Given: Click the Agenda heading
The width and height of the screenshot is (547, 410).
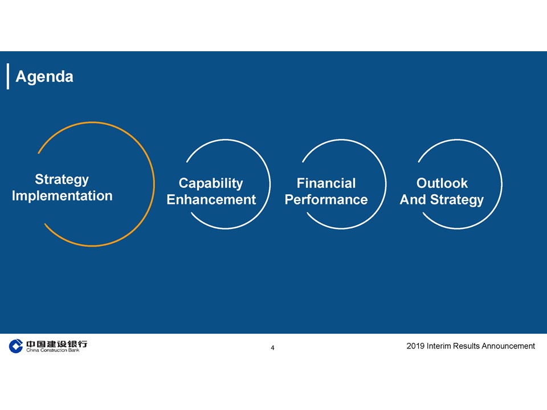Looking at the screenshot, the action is pyautogui.click(x=44, y=77).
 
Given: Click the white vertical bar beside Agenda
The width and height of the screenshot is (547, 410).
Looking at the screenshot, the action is pyautogui.click(x=8, y=76).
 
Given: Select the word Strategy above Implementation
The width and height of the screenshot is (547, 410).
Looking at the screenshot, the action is pyautogui.click(x=62, y=180).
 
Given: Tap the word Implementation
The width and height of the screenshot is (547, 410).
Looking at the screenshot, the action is pyautogui.click(x=62, y=196).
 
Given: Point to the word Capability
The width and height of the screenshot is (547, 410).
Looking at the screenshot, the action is pyautogui.click(x=211, y=184).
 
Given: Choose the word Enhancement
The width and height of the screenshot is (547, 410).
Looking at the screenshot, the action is pyautogui.click(x=211, y=200).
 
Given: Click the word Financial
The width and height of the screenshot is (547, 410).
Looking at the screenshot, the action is pyautogui.click(x=326, y=183).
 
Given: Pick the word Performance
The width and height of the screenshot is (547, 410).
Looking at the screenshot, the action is pyautogui.click(x=326, y=200).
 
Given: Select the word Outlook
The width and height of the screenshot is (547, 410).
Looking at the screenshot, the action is pyautogui.click(x=442, y=183).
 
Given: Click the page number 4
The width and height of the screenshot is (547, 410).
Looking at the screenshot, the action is pyautogui.click(x=272, y=348).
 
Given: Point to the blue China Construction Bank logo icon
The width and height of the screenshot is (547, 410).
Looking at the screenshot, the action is pyautogui.click(x=16, y=346).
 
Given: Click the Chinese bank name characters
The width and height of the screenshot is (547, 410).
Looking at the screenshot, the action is pyautogui.click(x=56, y=344).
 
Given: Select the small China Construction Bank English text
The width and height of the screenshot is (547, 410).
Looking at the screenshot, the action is pyautogui.click(x=52, y=350).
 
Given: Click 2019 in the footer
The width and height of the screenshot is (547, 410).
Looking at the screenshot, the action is pyautogui.click(x=415, y=346).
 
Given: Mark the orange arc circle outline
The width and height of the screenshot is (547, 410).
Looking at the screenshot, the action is pyautogui.click(x=154, y=184).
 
